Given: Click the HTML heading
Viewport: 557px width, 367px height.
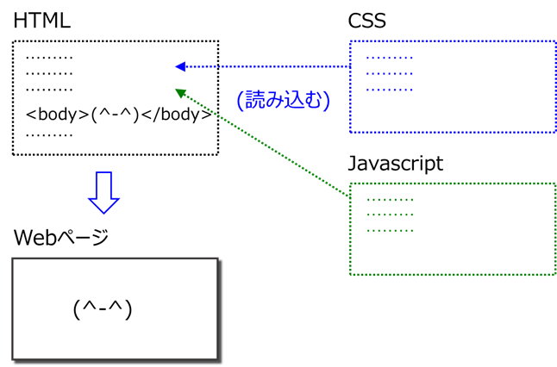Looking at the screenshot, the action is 42,21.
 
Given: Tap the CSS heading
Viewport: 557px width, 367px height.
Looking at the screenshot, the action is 367,21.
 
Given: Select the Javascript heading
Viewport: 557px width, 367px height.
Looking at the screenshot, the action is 396,164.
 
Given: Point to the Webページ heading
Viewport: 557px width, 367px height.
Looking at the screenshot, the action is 61,237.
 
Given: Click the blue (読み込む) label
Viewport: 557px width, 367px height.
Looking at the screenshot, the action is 284,100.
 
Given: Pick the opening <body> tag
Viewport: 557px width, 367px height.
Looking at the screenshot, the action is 58,115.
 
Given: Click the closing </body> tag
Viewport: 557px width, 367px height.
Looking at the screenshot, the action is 177,115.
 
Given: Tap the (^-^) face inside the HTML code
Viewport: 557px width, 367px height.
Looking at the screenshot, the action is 115,115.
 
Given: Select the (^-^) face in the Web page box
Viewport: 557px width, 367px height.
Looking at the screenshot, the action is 103,309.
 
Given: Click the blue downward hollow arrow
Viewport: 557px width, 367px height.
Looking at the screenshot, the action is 103,193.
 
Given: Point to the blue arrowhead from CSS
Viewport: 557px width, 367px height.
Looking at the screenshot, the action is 180,66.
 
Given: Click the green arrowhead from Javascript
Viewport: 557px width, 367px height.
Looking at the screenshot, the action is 180,93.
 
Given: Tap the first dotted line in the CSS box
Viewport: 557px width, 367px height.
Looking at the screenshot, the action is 390,58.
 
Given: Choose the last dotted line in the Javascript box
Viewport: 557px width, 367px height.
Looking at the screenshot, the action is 390,231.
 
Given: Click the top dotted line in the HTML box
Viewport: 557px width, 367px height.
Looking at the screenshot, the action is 49,58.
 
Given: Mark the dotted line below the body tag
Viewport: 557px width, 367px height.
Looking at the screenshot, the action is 49,135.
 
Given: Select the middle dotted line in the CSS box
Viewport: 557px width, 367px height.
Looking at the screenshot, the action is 390,74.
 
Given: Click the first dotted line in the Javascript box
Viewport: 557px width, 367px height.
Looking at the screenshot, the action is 390,200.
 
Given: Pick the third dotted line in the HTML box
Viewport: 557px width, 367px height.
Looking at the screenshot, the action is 49,90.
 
